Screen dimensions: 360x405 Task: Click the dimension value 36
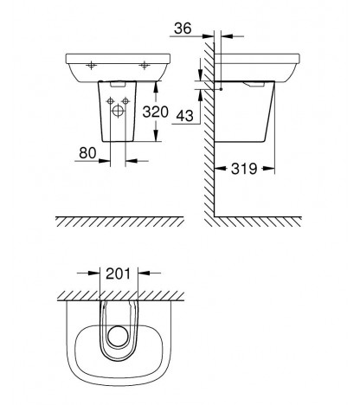point(183,29)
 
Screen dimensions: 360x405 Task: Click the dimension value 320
point(155,112)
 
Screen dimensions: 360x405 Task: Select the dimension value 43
point(184,116)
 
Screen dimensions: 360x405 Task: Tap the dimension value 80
point(87,153)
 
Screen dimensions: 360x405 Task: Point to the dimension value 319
point(244,169)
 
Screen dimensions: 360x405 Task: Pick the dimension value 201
point(118,273)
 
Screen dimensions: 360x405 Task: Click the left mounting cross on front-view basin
point(91,66)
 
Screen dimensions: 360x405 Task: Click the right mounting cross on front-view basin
point(144,66)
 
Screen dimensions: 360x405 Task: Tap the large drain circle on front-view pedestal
point(118,111)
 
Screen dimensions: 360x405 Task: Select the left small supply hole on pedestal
point(110,101)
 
